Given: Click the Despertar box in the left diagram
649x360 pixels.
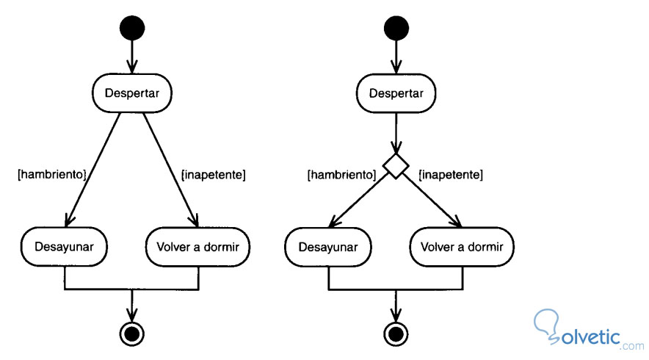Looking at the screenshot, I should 132,93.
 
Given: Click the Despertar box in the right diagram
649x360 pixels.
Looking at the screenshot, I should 396,93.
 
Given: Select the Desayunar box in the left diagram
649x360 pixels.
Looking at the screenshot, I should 65,246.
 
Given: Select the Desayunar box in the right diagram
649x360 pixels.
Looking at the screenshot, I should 328,246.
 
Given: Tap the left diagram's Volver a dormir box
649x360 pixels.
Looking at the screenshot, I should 198,246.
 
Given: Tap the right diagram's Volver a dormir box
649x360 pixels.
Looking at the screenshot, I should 462,246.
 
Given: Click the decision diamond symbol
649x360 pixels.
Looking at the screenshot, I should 396,167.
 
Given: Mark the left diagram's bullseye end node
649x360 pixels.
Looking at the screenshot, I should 132,334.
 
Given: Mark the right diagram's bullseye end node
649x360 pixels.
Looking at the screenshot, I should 396,334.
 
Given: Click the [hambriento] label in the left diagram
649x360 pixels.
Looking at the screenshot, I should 51,175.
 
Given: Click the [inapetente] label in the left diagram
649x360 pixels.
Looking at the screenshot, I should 213,175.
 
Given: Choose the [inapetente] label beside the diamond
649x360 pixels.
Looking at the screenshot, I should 450,175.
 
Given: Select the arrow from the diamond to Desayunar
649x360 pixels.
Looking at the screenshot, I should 360,201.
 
